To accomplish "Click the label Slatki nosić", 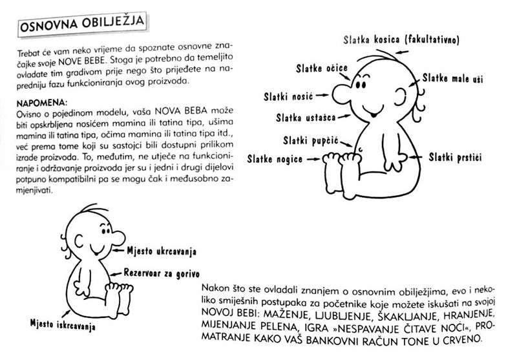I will (288, 97).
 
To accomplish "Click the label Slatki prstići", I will (456, 157).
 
